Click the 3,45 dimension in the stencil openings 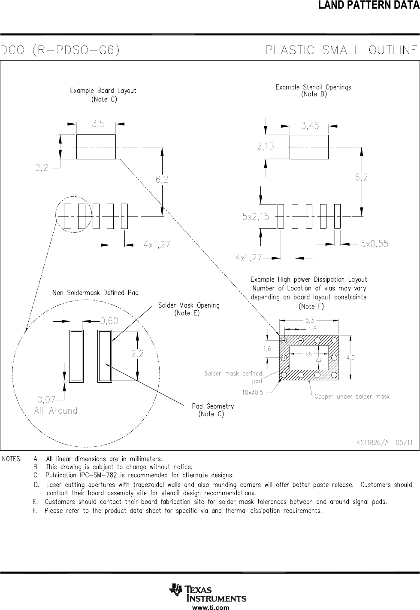coord(310,126)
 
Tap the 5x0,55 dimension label coord(374,244)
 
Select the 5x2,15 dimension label coord(255,217)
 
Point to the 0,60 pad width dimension coord(109,321)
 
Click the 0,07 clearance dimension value coord(46,400)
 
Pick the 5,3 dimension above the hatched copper coord(310,321)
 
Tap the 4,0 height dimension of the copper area coord(351,358)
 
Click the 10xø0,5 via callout coord(252,393)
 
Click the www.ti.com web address coord(211,607)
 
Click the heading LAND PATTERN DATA coord(369,5)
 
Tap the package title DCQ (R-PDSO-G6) coord(60,50)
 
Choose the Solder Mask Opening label coord(189,305)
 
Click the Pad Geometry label coord(213,406)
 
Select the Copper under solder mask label coord(352,396)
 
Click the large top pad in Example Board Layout coord(96,147)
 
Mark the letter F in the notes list coord(35,511)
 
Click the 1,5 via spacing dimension coord(313,329)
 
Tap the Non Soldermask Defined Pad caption coord(96,293)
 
